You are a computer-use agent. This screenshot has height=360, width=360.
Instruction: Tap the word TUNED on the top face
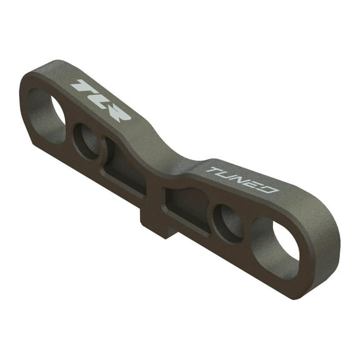click(241, 179)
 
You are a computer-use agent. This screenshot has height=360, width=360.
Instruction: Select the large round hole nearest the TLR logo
click(46, 116)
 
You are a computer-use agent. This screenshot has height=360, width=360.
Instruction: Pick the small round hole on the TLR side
click(86, 140)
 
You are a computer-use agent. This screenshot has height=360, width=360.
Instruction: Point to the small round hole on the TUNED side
click(227, 222)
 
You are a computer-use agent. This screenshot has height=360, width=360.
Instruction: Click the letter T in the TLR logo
click(82, 87)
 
